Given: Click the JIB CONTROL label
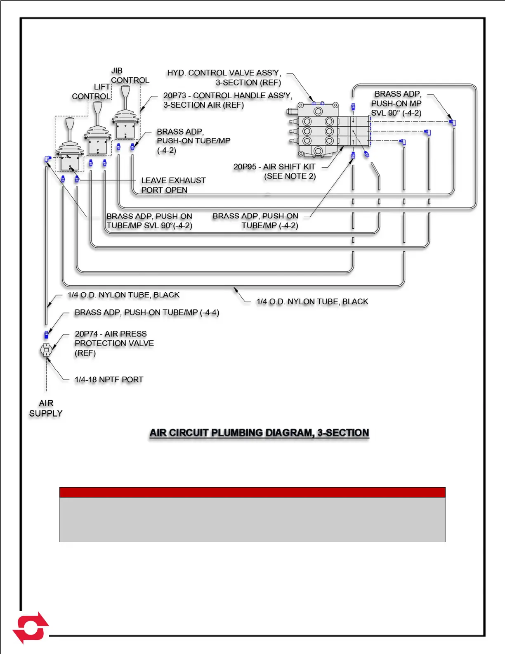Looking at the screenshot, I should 130,76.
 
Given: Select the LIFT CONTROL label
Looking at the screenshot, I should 91,92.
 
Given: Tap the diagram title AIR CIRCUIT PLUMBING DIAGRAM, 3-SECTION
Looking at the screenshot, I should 259,433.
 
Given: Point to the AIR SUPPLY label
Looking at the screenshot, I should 46,408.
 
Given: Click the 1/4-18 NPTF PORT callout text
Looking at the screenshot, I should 109,379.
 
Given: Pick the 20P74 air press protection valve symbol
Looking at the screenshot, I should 46,350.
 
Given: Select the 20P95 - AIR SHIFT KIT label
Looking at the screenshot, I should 274,171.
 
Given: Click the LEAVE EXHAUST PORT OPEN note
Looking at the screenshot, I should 173,185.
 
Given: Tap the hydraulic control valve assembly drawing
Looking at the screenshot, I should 318,130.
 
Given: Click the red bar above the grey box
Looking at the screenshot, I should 252,492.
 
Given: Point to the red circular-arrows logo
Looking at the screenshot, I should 31,628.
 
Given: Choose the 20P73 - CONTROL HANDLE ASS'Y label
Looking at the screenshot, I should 227,100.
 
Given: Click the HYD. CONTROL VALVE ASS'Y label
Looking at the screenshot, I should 224,78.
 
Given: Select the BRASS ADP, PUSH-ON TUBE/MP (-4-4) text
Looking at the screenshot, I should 147,313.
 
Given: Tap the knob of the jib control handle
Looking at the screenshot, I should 125,91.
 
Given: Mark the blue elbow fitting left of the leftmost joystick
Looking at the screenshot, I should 47,159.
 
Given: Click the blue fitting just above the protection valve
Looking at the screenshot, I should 46,334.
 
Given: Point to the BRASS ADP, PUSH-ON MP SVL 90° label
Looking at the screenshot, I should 396,103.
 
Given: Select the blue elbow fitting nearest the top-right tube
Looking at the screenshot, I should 452,122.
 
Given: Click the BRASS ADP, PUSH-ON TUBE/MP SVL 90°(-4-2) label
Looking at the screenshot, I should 149,221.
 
